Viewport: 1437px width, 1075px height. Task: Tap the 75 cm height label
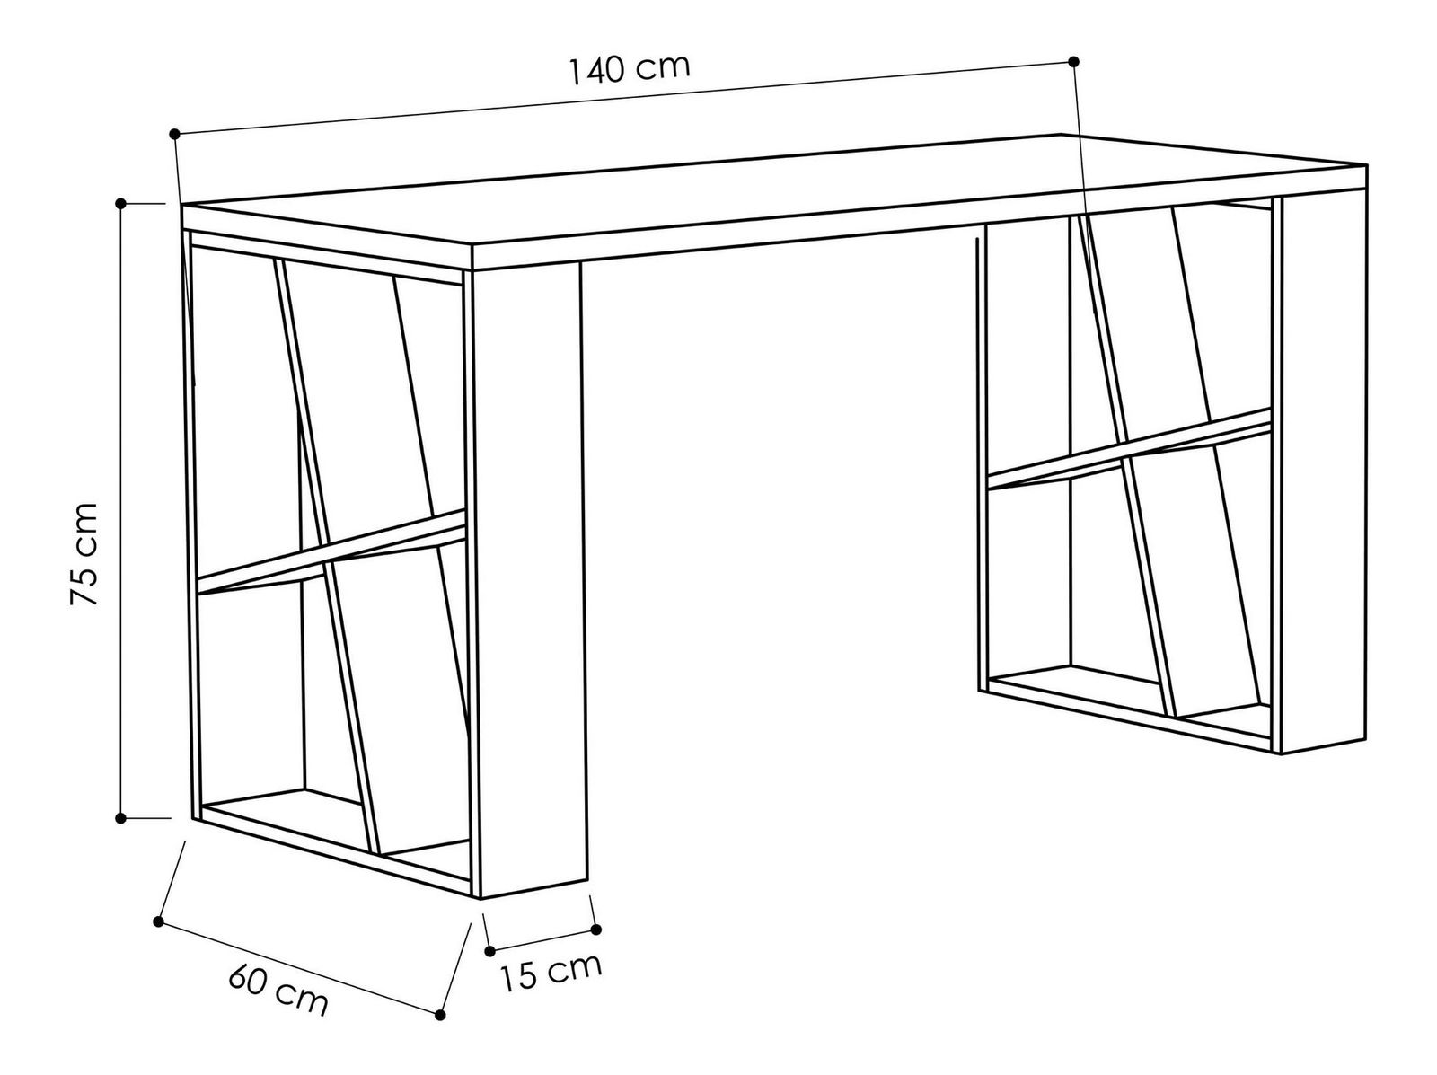pyautogui.click(x=84, y=554)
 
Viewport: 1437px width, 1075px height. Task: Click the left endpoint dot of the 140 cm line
pyautogui.click(x=174, y=134)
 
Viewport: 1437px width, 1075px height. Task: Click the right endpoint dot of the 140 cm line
pyautogui.click(x=1073, y=62)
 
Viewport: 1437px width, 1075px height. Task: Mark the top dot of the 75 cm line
pyautogui.click(x=120, y=204)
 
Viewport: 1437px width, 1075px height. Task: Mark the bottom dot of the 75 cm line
pyautogui.click(x=120, y=818)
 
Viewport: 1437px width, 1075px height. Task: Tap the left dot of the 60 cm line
pyautogui.click(x=158, y=921)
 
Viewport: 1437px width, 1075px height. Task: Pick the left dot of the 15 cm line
pyautogui.click(x=490, y=950)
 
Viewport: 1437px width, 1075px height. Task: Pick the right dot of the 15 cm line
pyautogui.click(x=595, y=930)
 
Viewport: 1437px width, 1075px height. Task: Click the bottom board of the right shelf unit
pyautogui.click(x=1129, y=709)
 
